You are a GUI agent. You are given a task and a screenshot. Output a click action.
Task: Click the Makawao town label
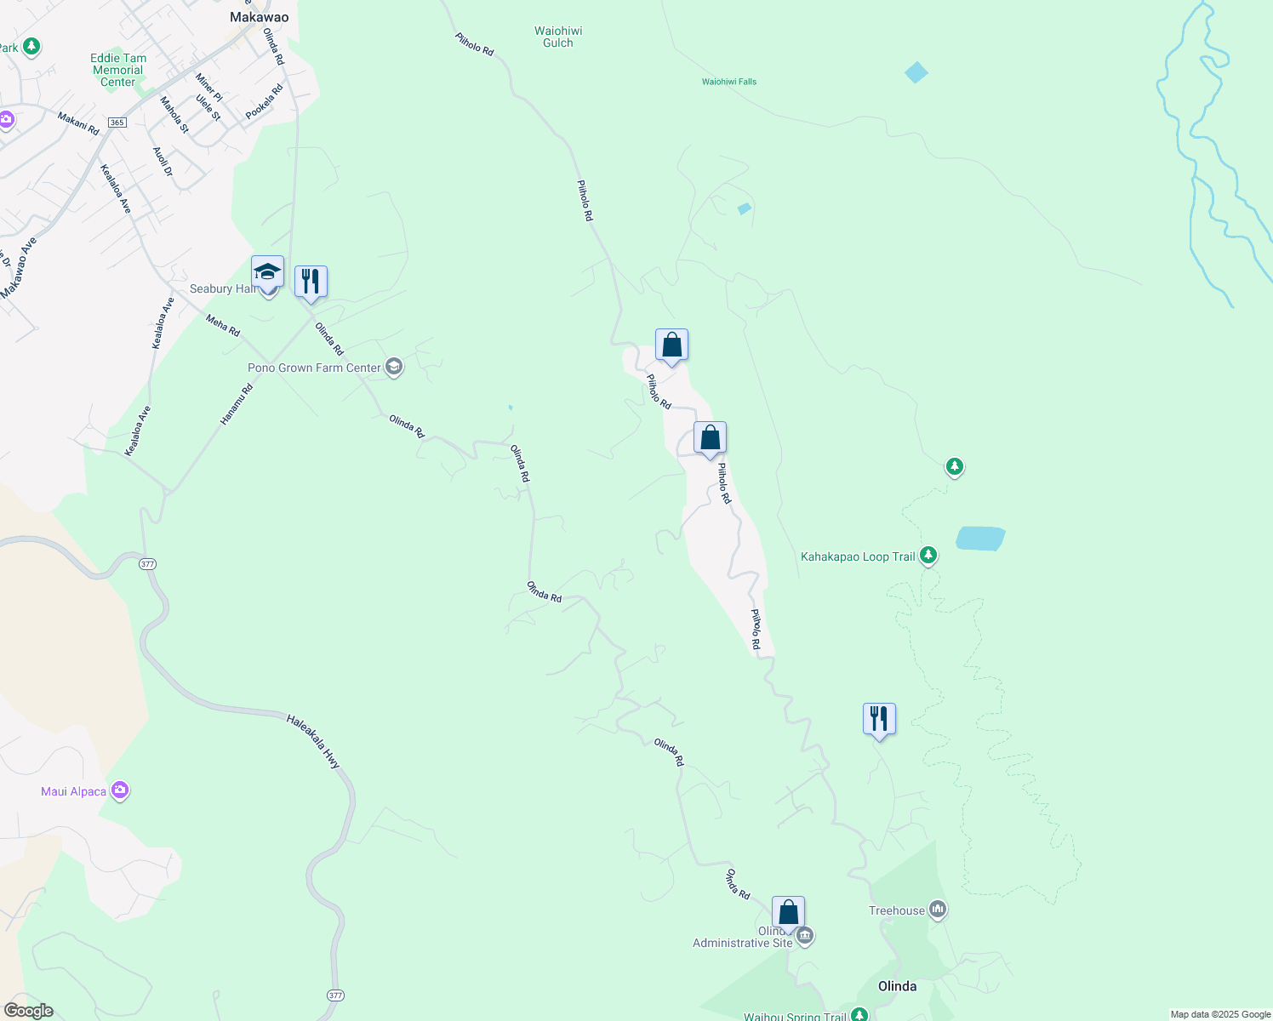[260, 17]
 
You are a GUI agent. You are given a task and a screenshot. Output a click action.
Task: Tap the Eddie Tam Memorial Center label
[118, 71]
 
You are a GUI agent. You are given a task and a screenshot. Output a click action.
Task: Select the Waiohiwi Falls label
[729, 82]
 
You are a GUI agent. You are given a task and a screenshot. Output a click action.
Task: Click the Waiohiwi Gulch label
[558, 37]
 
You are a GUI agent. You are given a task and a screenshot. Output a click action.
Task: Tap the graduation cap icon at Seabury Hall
[267, 273]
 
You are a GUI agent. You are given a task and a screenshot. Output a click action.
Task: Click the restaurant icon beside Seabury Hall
[311, 282]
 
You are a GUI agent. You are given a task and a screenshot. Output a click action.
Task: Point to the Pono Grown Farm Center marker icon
[393, 367]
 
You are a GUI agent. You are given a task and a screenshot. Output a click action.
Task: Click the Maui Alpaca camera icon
[120, 791]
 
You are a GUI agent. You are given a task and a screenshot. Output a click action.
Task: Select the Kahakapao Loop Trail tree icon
[928, 556]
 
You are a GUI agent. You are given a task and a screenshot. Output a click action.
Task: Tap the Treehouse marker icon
[938, 910]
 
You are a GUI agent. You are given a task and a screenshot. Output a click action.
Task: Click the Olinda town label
[897, 986]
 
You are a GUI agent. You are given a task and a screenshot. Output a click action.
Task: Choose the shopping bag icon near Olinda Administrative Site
[788, 912]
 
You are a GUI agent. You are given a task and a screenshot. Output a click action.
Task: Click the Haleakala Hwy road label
[313, 742]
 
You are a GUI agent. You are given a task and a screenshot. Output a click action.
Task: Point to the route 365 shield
[117, 123]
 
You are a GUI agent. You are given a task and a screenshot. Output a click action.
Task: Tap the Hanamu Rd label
[237, 405]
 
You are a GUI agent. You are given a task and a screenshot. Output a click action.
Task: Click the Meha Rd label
[223, 325]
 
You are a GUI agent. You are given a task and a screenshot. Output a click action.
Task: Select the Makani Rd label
[78, 123]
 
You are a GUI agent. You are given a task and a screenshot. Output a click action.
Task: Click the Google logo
[28, 1011]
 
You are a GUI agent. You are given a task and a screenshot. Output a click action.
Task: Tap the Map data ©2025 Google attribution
[1220, 1014]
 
